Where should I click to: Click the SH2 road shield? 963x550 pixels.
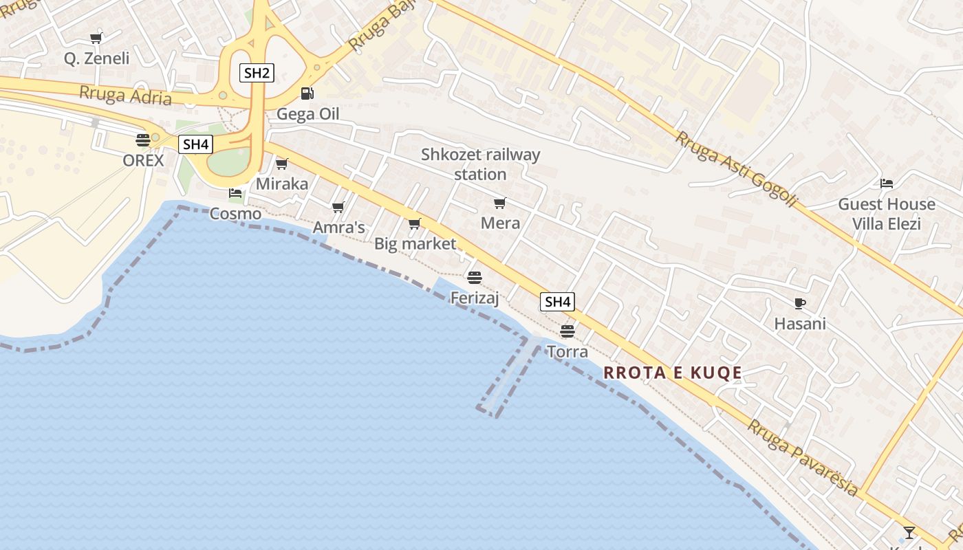click(256, 72)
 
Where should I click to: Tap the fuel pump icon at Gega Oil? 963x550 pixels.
click(307, 93)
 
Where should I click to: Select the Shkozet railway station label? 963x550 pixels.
click(480, 164)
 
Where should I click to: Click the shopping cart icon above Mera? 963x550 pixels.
click(500, 203)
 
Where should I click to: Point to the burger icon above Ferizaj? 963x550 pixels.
click(474, 277)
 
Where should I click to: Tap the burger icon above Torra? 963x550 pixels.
click(567, 331)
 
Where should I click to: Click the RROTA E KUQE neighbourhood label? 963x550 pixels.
click(673, 373)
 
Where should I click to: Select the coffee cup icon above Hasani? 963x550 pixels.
click(799, 302)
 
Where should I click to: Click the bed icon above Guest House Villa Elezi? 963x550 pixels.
click(887, 184)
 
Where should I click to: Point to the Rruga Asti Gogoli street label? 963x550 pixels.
click(736, 168)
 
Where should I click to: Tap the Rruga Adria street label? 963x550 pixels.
click(125, 96)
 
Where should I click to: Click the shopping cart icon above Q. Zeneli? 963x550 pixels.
click(96, 38)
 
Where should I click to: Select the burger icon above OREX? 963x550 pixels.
click(143, 140)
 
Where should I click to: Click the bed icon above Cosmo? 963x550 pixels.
click(235, 193)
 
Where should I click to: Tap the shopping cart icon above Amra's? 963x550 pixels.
click(338, 207)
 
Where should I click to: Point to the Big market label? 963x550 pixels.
click(415, 244)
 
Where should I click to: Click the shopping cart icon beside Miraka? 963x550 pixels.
click(281, 164)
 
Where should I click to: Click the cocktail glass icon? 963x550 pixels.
click(909, 531)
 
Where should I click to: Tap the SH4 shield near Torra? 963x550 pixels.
click(557, 302)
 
